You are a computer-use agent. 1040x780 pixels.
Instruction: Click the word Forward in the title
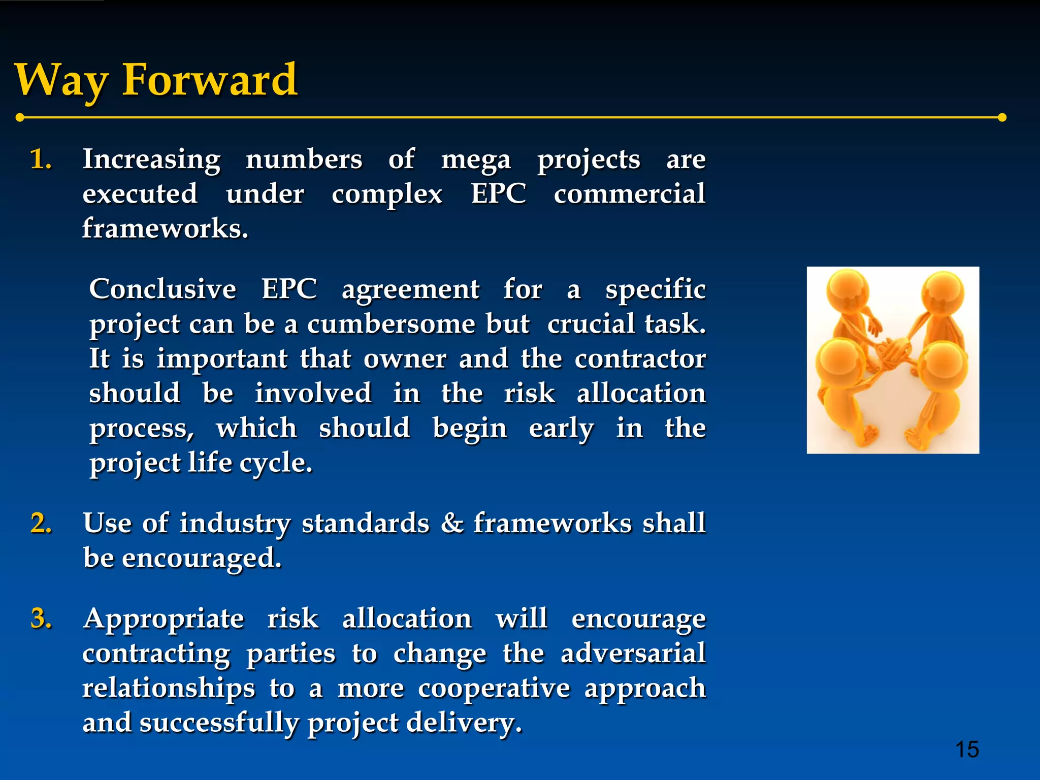coord(210,80)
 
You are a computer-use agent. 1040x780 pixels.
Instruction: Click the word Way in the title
coord(61,81)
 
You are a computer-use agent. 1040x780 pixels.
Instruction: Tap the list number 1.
coord(41,160)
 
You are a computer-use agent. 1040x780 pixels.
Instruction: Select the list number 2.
coord(41,524)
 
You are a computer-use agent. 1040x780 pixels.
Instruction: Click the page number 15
coord(966,750)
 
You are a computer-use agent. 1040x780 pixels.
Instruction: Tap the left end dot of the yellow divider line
coord(20,118)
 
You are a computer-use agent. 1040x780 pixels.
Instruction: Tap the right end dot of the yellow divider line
coord(1002,118)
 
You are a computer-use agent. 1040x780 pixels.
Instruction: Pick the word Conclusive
coord(162,289)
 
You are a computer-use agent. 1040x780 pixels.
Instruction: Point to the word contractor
coord(640,359)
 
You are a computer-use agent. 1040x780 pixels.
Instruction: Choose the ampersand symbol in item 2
coord(451,524)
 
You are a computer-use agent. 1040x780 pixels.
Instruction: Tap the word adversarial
coord(633,654)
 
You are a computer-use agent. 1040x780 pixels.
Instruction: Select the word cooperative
coord(494,689)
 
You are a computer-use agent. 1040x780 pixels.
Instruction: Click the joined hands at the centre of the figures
coord(894,350)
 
